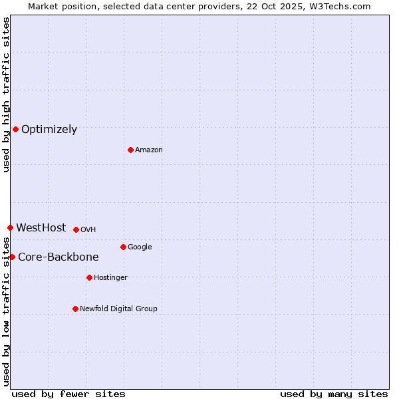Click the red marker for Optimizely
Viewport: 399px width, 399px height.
coord(15,129)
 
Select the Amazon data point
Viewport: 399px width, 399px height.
coord(130,150)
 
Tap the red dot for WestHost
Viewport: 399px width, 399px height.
coord(10,227)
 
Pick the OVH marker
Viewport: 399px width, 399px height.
coord(76,229)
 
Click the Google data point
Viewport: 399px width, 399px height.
coord(123,247)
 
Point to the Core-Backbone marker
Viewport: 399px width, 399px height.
coord(12,257)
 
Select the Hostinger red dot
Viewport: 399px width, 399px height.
coord(89,277)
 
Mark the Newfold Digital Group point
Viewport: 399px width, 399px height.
coord(75,309)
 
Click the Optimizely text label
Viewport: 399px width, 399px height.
coord(49,129)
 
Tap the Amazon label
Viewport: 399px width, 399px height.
coord(149,150)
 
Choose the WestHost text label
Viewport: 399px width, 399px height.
coord(41,227)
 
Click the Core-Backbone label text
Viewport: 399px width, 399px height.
coord(59,257)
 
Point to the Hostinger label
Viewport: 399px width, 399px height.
coord(110,277)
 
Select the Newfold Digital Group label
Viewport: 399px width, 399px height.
coord(118,309)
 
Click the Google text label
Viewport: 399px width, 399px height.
coord(140,247)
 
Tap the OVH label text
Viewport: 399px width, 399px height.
coord(88,229)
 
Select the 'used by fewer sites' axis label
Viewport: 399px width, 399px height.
coord(68,394)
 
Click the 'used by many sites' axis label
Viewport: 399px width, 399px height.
coord(334,394)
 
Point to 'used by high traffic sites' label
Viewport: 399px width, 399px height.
coord(6,94)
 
